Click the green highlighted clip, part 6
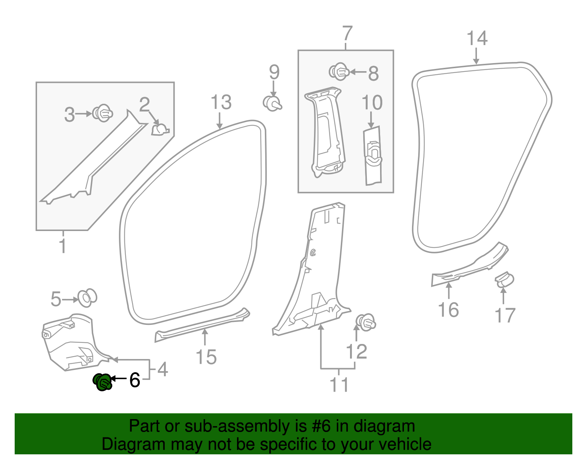102,382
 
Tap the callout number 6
135,380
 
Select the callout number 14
477,39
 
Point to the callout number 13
221,102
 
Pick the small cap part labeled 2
160,129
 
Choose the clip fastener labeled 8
339,72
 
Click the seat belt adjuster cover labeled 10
372,156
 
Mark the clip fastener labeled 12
365,322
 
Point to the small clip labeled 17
504,280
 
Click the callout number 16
448,310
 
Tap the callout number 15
206,357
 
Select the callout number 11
339,385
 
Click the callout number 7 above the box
346,33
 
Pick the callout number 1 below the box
63,246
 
